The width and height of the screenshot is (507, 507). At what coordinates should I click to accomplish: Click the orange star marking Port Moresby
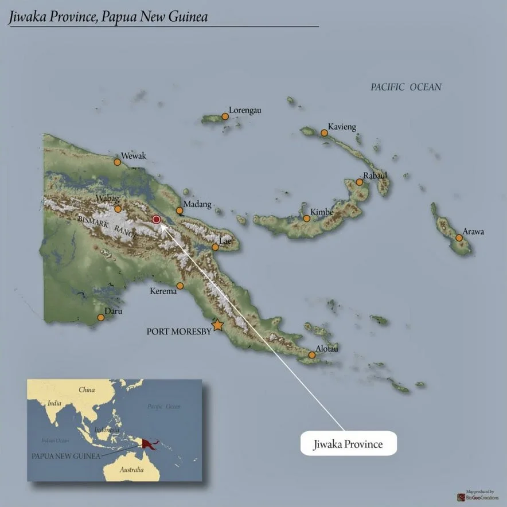tap(217, 325)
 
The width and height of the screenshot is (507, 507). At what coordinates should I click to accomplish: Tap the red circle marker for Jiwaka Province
tap(155, 219)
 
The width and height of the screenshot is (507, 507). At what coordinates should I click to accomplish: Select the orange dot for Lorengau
tap(225, 116)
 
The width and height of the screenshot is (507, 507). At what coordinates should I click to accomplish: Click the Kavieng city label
tap(342, 126)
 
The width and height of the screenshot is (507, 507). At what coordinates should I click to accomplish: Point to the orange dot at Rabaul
tap(359, 182)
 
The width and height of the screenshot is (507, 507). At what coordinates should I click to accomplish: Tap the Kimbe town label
tap(322, 212)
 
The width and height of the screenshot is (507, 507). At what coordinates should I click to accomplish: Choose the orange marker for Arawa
tap(459, 237)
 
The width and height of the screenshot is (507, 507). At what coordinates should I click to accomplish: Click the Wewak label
tap(134, 156)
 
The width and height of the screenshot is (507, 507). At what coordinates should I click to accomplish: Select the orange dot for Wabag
tap(118, 209)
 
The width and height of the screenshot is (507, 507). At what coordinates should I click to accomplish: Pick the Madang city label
tap(197, 204)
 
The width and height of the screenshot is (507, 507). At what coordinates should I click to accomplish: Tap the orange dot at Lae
tap(215, 247)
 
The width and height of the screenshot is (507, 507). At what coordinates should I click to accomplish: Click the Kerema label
tap(163, 291)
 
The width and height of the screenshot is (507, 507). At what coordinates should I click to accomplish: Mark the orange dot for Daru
tap(101, 317)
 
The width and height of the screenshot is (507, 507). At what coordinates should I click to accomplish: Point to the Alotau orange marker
tap(312, 355)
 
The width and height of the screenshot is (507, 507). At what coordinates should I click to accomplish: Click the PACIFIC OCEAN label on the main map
tap(406, 87)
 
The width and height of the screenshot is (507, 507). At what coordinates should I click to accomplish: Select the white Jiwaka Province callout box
tap(348, 443)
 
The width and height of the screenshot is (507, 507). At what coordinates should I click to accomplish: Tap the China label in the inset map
tap(87, 389)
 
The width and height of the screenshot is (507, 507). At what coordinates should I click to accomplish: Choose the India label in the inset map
tap(54, 403)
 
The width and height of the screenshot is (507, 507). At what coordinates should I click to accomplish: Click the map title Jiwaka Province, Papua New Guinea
tap(108, 17)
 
